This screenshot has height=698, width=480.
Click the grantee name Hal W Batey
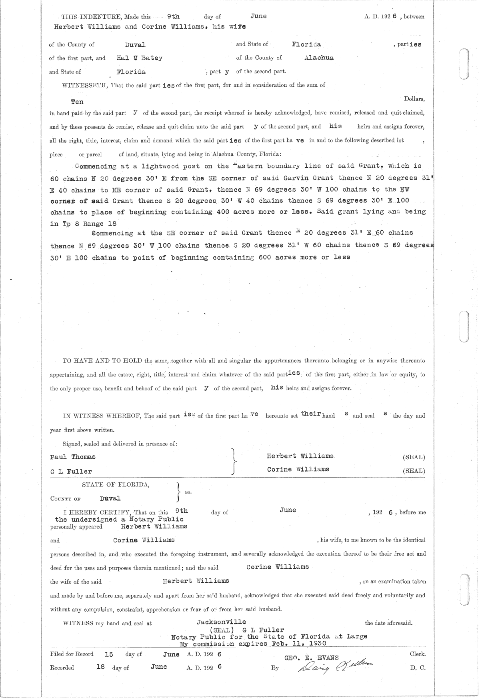tap(139, 58)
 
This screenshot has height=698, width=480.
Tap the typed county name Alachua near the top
tap(319, 58)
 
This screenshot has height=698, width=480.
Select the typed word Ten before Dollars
tap(77, 102)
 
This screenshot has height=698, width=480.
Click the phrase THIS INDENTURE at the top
tap(85, 17)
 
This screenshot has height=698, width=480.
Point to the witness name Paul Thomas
tap(73, 457)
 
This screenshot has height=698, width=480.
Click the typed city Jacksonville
tap(221, 622)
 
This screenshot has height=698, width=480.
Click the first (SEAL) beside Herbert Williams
tap(414, 457)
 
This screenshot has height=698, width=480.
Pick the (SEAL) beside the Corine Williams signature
tap(414, 471)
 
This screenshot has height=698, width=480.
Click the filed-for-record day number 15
tap(109, 654)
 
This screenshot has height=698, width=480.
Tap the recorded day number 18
tap(100, 667)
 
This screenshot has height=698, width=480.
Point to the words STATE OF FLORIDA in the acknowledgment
tap(116, 485)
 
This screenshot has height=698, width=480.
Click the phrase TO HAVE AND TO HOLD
tap(102, 361)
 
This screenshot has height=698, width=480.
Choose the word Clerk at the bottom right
tap(418, 654)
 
